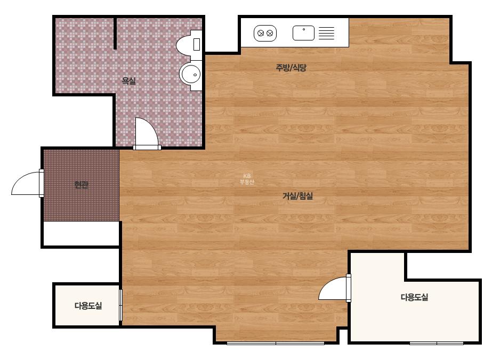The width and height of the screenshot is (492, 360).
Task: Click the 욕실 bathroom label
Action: pyautogui.click(x=129, y=81)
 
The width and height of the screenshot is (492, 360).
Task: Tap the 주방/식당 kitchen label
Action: pyautogui.click(x=291, y=68)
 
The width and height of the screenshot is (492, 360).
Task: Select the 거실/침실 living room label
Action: pyautogui.click(x=298, y=196)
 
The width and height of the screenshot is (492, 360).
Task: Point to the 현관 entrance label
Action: pyautogui.click(x=81, y=185)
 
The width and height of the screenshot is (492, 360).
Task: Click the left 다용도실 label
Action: pyautogui.click(x=88, y=306)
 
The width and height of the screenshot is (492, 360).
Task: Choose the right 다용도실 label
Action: pyautogui.click(x=414, y=297)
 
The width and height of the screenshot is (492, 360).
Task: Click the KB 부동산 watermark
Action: pyautogui.click(x=247, y=179)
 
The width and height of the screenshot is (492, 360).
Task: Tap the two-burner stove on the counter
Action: pyautogui.click(x=265, y=33)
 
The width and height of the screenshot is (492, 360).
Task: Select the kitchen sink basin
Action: pyautogui.click(x=303, y=33)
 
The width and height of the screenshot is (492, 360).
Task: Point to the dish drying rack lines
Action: pyautogui.click(x=327, y=33)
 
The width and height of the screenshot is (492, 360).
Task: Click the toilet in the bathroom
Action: pyautogui.click(x=189, y=45)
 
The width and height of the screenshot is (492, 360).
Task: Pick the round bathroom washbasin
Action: pyautogui.click(x=190, y=75)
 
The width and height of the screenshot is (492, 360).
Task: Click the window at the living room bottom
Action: pyautogui.click(x=276, y=343)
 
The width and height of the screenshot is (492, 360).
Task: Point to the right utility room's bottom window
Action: pyautogui.click(x=437, y=343)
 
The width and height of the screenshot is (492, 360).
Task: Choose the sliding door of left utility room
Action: pyautogui.click(x=121, y=305)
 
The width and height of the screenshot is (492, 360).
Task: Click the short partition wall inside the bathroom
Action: pyautogui.click(x=115, y=33)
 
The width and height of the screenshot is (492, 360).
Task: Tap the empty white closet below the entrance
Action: pyautogui.click(x=81, y=234)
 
